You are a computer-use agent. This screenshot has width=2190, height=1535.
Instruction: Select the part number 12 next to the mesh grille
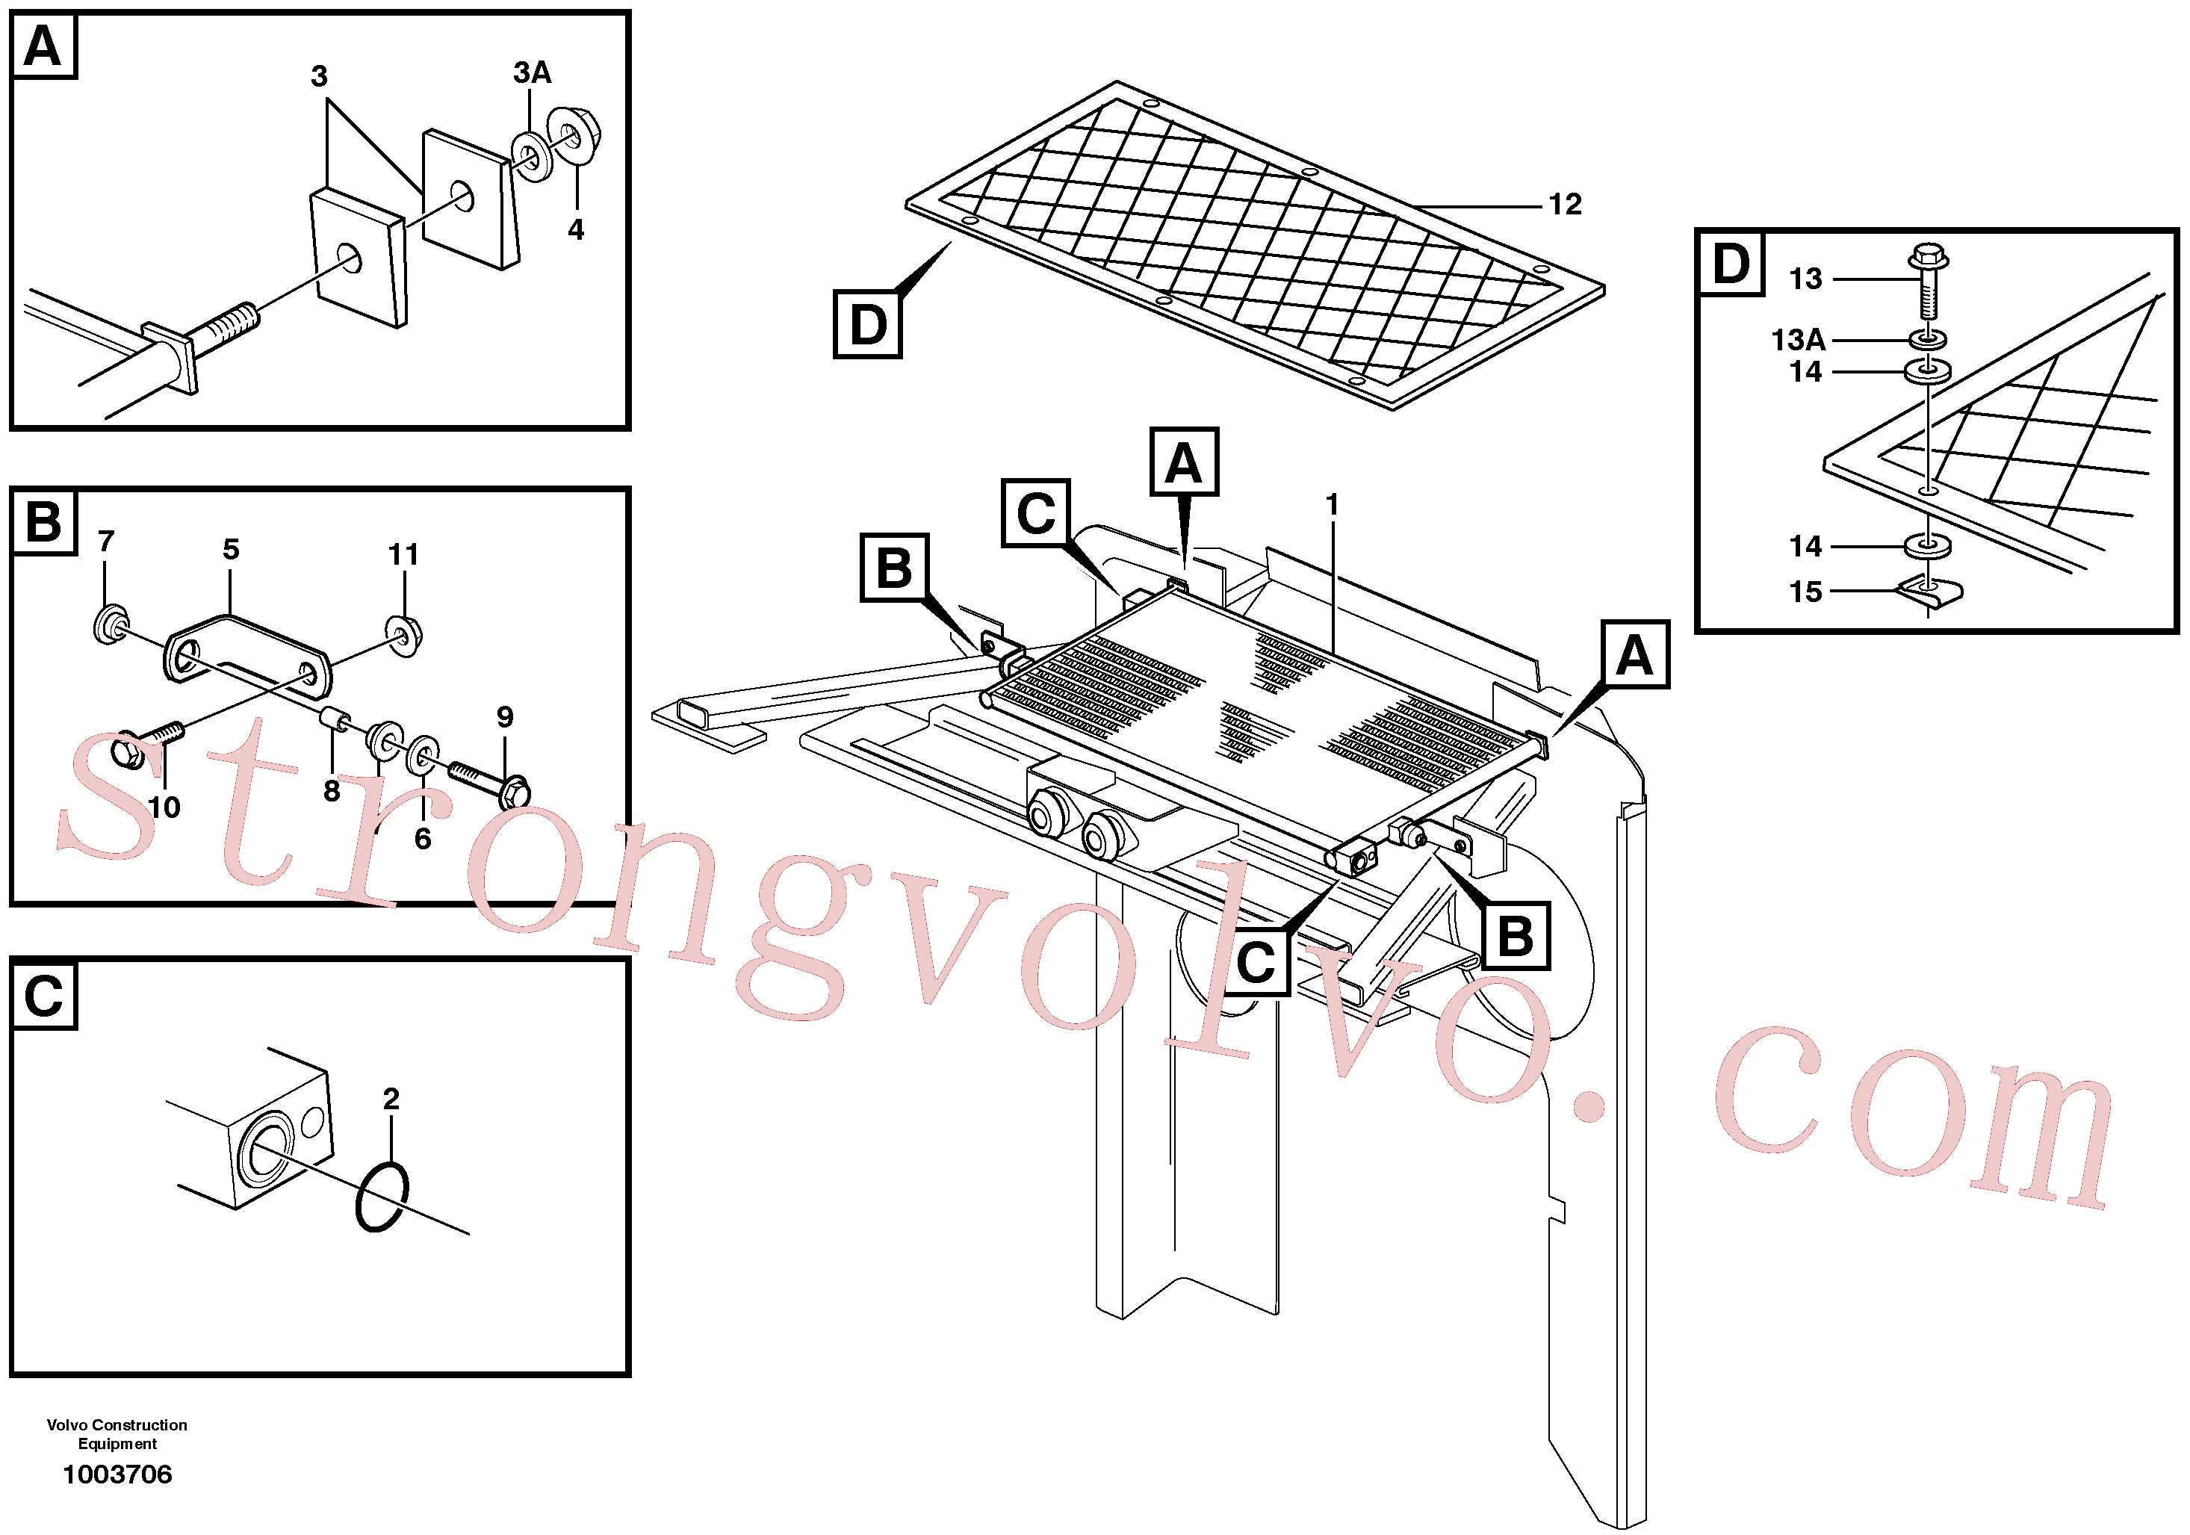pyautogui.click(x=1564, y=204)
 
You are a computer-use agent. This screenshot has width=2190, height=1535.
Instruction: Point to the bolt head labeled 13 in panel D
pyautogui.click(x=1928, y=257)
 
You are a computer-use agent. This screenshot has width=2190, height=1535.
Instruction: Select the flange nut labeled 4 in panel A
pyautogui.click(x=572, y=135)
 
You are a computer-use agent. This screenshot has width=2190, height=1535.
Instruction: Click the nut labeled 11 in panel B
pyautogui.click(x=404, y=636)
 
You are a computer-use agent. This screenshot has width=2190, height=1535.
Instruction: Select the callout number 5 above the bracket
pyautogui.click(x=231, y=550)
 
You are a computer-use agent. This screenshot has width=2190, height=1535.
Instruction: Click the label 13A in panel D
pyautogui.click(x=1798, y=340)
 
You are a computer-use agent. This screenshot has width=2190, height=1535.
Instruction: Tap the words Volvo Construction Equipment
pyautogui.click(x=117, y=1434)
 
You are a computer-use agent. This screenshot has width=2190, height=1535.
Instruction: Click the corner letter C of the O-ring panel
pyautogui.click(x=44, y=996)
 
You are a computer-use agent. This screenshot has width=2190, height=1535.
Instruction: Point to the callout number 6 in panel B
pyautogui.click(x=423, y=839)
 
